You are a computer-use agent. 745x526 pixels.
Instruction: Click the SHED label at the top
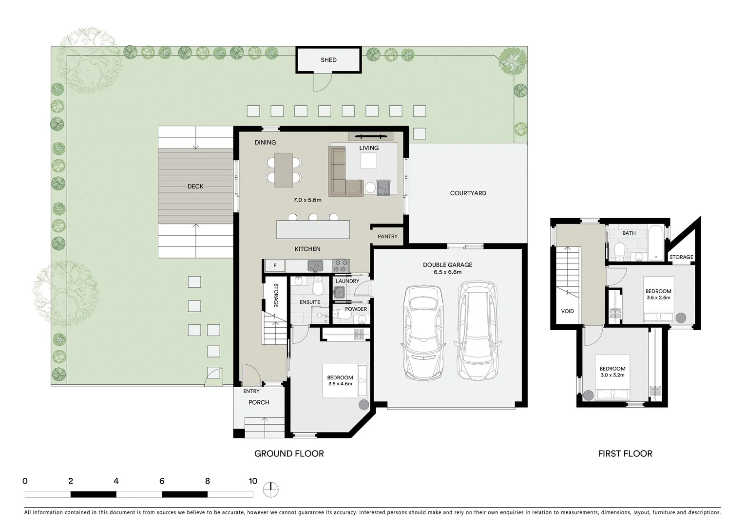328,60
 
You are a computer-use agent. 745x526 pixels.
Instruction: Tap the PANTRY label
387,237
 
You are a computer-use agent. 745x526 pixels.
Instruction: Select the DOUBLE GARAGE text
447,265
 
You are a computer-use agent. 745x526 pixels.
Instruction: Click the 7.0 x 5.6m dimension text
307,200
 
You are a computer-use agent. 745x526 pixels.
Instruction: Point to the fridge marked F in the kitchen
275,266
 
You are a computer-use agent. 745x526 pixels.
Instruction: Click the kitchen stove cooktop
341,265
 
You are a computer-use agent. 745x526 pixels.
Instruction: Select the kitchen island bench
313,229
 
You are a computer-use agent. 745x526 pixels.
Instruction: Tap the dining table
284,170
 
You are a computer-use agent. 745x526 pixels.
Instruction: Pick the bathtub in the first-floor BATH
656,242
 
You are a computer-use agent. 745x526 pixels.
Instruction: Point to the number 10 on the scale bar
252,481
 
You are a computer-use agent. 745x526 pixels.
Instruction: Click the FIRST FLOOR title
625,454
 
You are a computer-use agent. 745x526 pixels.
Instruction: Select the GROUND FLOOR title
289,454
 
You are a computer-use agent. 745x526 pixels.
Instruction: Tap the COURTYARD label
468,193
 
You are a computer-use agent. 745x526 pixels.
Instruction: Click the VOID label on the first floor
567,311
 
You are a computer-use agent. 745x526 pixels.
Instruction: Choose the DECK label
195,187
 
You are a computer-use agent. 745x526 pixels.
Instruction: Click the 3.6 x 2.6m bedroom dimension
658,298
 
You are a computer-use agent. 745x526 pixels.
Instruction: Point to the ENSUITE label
309,302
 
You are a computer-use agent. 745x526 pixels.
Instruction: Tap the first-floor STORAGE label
681,257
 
